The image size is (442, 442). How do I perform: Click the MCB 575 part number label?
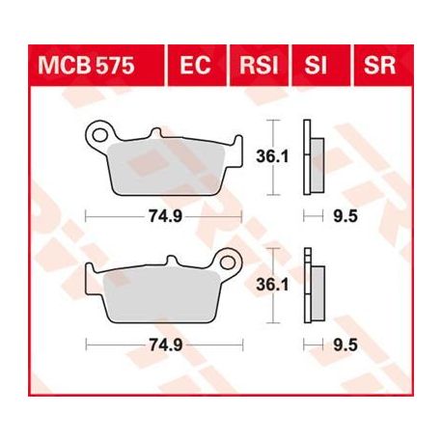coord(86,66)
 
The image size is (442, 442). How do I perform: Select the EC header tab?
coord(196,66)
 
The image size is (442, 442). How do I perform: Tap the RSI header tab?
coord(259,66)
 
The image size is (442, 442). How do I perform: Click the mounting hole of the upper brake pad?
coord(99,135)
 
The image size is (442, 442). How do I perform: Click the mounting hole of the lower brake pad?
coord(228,262)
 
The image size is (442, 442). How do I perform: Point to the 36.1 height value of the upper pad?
coord(272,157)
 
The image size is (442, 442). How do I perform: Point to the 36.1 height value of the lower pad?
coord(272,285)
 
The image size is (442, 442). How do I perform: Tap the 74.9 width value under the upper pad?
coord(165,216)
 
